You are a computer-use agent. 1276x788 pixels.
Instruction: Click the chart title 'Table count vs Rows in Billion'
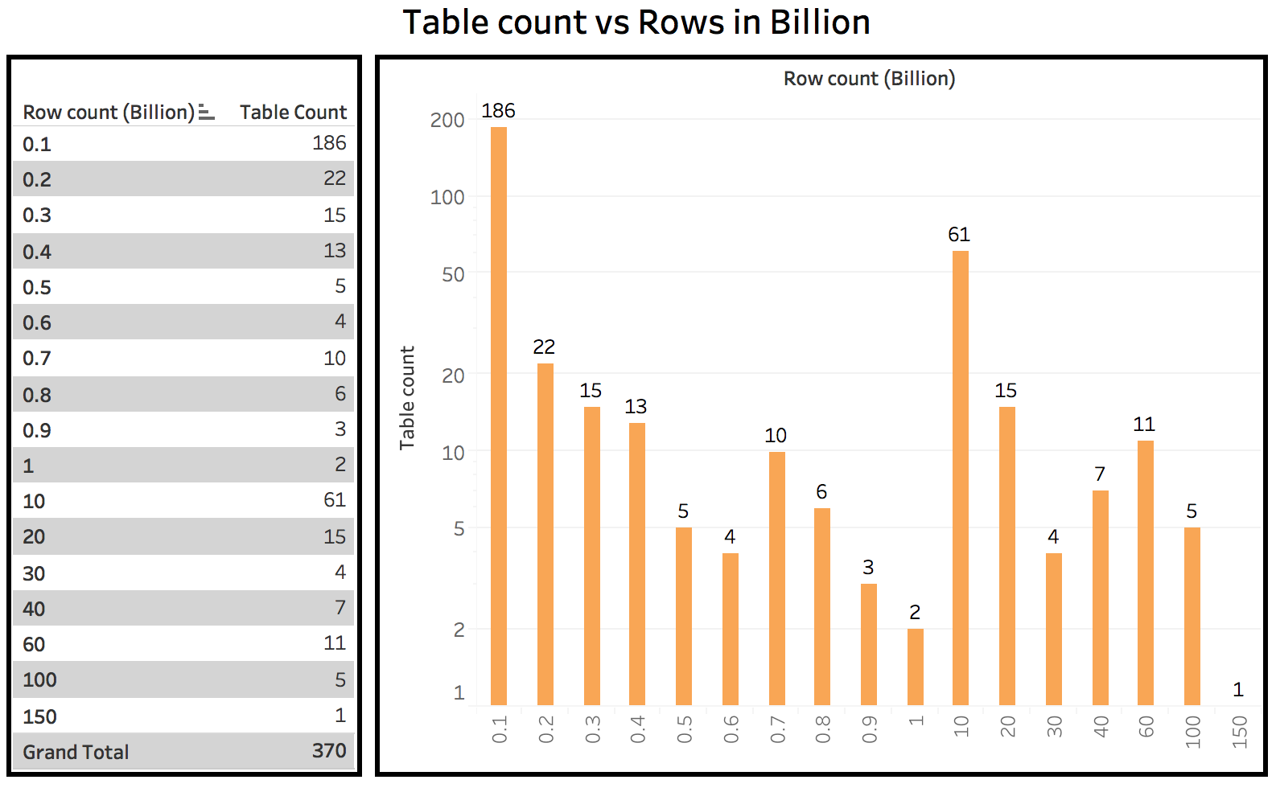[636, 23]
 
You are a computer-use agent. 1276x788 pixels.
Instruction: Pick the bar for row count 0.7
[776, 578]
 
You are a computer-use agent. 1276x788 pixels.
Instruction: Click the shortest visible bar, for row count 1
[916, 667]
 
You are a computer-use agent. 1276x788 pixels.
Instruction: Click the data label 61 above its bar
[959, 235]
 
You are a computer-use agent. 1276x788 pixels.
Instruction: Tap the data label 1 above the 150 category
[1238, 689]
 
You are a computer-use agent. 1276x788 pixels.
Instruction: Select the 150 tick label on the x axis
[1239, 732]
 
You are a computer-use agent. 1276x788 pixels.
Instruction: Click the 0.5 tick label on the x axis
[684, 729]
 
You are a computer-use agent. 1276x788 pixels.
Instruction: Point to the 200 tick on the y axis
[447, 121]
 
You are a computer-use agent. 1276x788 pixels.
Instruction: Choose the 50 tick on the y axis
[453, 275]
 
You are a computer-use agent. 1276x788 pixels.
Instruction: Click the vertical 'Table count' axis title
[407, 398]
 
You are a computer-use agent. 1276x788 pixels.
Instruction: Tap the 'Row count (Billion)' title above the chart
[869, 79]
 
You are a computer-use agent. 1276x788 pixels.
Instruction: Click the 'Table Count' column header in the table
[293, 113]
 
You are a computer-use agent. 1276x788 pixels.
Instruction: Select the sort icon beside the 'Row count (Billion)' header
[206, 113]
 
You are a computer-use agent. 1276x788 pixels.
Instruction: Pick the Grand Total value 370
[329, 751]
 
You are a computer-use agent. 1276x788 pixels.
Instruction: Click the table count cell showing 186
[329, 143]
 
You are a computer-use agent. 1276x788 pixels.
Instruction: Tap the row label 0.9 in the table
[37, 431]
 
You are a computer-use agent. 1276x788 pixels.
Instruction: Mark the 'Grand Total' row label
[76, 753]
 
